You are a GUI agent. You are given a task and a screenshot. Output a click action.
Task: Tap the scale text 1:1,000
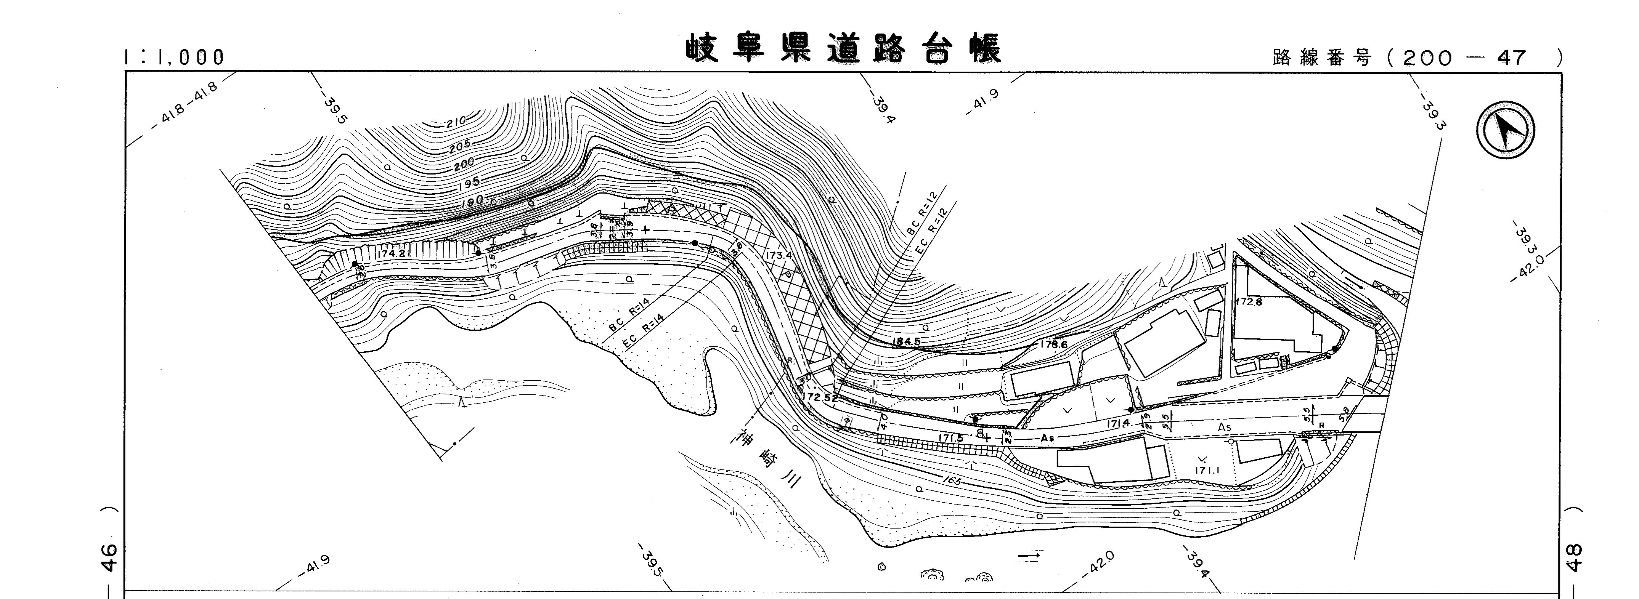pyautogui.click(x=175, y=57)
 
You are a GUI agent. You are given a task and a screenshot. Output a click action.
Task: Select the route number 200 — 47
pyautogui.click(x=1463, y=59)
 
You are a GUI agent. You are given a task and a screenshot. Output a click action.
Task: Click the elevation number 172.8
pyautogui.click(x=1249, y=302)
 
